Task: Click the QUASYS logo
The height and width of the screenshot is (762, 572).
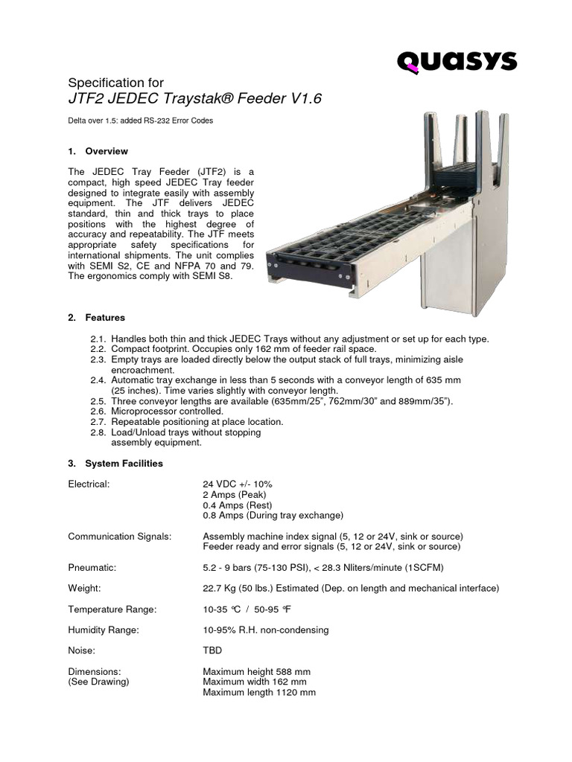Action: click(457, 61)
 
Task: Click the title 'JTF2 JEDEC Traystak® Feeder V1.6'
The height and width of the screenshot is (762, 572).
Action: click(194, 100)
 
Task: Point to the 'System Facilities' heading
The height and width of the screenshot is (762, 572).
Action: click(124, 463)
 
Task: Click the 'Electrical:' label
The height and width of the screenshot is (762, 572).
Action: click(89, 484)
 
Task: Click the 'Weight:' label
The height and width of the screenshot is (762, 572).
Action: click(84, 589)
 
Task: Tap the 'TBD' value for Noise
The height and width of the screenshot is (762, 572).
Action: click(212, 650)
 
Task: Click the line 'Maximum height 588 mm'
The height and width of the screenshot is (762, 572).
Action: click(255, 671)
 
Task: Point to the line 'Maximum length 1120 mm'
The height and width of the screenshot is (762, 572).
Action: click(259, 692)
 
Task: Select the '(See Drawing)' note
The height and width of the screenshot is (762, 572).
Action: click(98, 682)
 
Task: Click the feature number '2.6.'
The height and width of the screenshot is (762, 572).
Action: click(99, 411)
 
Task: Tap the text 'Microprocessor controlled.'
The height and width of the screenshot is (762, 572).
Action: click(167, 411)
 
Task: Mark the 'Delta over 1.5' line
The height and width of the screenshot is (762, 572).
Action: click(141, 121)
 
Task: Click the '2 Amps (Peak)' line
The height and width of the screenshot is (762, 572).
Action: click(234, 494)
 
